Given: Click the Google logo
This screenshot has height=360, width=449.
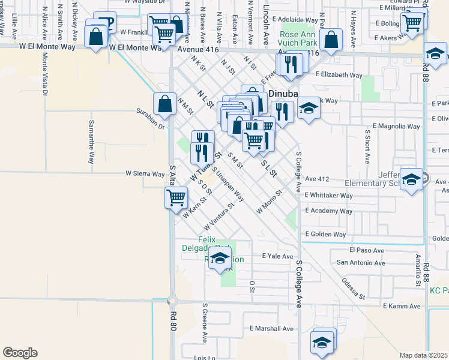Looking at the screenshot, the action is [x=20, y=353].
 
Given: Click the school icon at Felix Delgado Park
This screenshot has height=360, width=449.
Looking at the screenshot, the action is [x=220, y=260].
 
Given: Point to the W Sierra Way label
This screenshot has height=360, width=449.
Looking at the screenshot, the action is [x=145, y=174].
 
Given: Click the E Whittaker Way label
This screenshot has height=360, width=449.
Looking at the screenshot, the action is [x=328, y=196].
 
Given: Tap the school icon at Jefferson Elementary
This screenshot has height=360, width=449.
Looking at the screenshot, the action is [x=411, y=180].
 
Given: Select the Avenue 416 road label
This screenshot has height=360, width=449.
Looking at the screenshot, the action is [x=195, y=46].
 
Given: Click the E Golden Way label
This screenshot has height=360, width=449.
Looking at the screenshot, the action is [x=325, y=235].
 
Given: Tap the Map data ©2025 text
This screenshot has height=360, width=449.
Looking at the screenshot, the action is [x=423, y=355].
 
